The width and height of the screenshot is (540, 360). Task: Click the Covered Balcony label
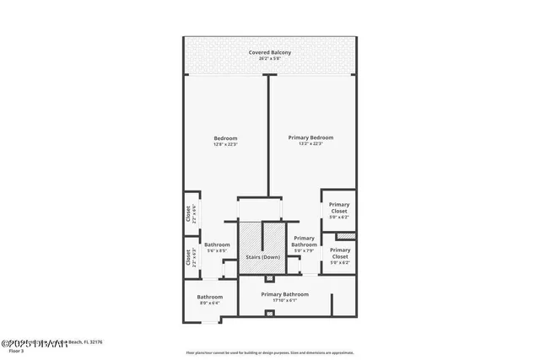[x=270, y=53]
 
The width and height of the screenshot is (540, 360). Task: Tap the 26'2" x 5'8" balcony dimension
[x=270, y=59]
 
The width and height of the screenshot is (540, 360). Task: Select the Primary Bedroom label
[x=310, y=137]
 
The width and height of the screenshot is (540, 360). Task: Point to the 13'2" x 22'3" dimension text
[x=310, y=144]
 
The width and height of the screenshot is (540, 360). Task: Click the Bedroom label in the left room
[x=225, y=138]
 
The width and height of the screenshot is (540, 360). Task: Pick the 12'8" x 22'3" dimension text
[x=225, y=144]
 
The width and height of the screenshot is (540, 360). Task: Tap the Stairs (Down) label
[x=262, y=256]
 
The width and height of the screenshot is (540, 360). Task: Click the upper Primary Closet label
[x=339, y=207]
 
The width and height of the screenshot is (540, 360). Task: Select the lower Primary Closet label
[x=340, y=253]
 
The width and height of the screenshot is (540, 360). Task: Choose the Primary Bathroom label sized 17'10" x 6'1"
[x=284, y=294]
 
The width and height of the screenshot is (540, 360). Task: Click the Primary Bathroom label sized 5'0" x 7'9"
[x=304, y=242]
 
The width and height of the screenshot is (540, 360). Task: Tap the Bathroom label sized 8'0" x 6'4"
[x=210, y=297]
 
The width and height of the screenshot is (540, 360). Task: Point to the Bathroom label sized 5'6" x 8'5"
[x=216, y=244]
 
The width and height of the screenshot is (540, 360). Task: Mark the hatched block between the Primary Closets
[x=346, y=235]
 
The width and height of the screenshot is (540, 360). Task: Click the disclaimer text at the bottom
[x=270, y=352]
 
